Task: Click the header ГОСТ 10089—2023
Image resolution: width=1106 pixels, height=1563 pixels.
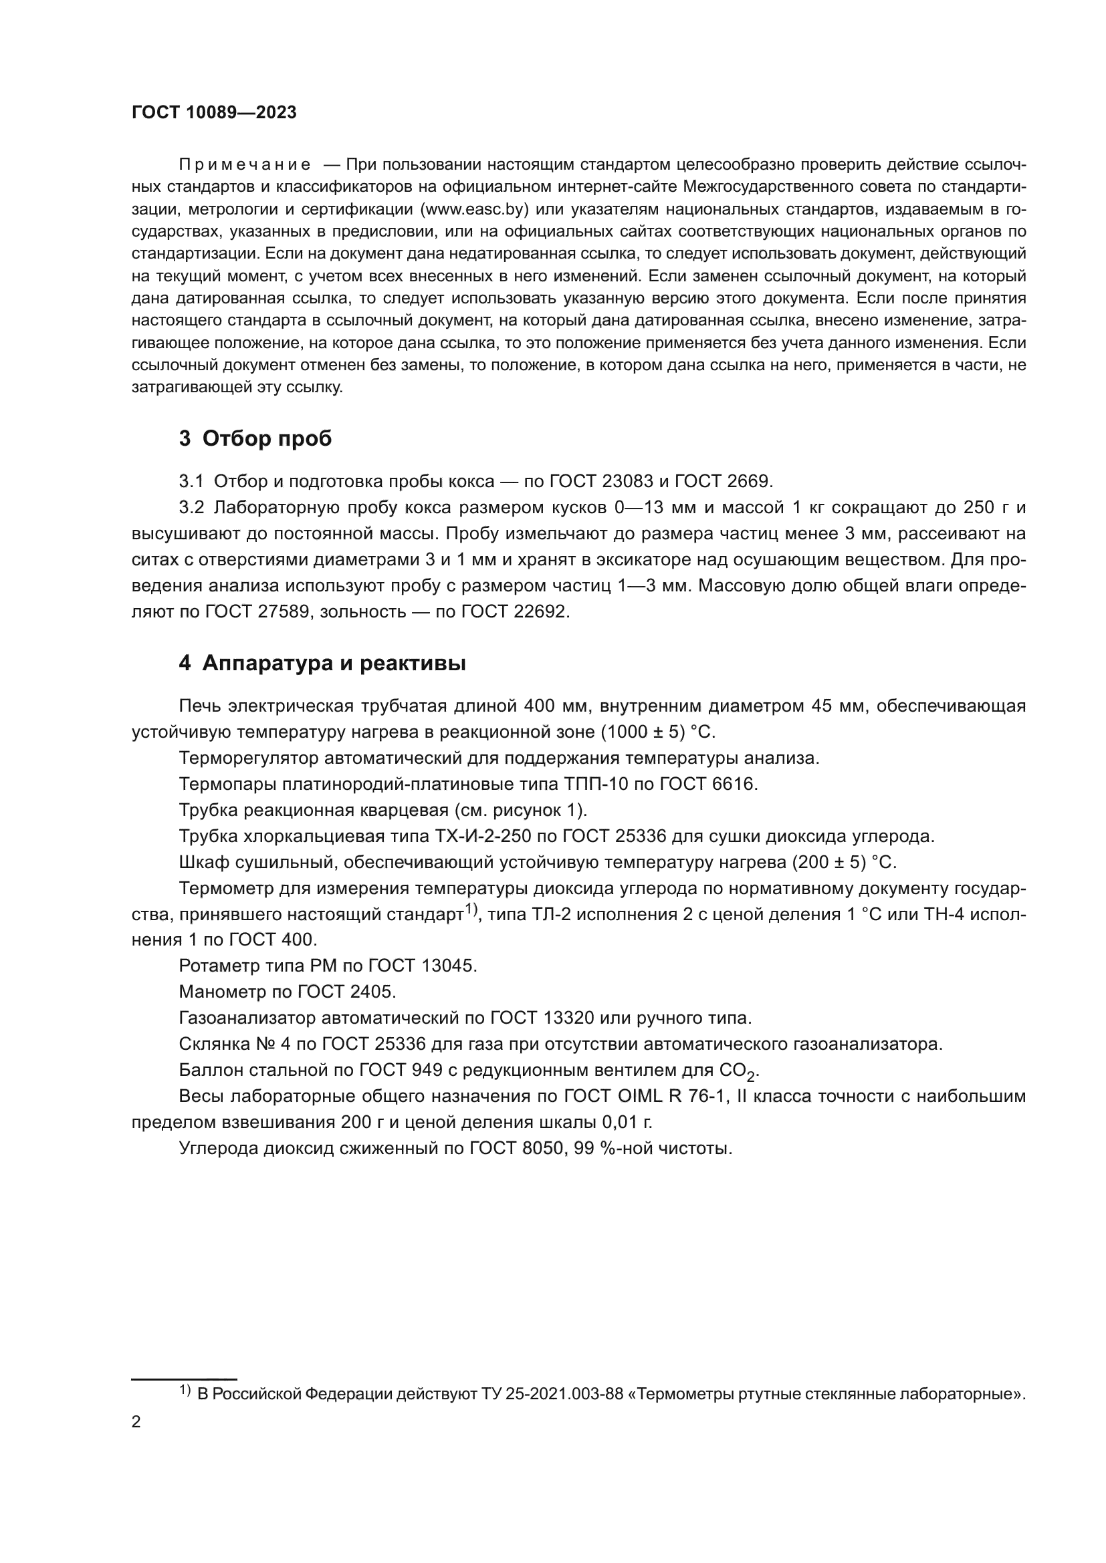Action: click(x=214, y=113)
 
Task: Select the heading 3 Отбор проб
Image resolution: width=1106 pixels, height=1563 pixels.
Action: click(x=255, y=439)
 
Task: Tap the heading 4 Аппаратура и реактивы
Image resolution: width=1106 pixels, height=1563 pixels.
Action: click(x=322, y=663)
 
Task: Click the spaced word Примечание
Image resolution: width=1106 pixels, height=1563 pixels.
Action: click(x=245, y=165)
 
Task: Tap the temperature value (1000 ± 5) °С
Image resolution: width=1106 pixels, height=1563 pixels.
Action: click(x=657, y=732)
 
